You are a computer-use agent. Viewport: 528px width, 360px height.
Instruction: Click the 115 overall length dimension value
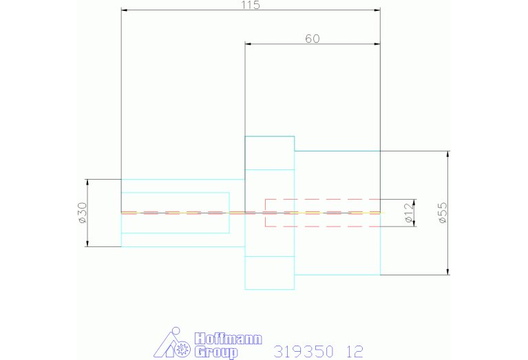(x=250, y=5)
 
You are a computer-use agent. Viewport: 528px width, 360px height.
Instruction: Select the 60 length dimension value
(x=312, y=39)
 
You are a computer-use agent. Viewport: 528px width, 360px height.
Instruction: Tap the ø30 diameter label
(x=82, y=213)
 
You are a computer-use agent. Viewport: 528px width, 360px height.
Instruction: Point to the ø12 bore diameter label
(x=409, y=213)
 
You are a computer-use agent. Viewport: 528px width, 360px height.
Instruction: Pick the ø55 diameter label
(x=442, y=213)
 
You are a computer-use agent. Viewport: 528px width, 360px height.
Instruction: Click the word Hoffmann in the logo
(x=218, y=339)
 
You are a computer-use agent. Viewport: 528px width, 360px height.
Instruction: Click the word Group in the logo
(x=215, y=352)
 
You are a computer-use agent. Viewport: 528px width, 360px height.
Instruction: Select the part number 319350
(x=303, y=351)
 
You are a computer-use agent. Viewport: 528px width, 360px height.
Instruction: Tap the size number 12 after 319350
(x=355, y=351)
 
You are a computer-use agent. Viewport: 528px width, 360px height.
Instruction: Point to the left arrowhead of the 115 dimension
(x=125, y=10)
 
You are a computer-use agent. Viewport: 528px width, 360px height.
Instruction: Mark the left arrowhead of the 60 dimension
(x=249, y=44)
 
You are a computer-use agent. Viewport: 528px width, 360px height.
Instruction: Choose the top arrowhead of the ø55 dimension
(x=448, y=154)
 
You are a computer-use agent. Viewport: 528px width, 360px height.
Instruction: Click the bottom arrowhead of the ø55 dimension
(x=448, y=271)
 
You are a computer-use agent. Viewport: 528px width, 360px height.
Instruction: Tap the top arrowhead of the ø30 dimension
(x=88, y=182)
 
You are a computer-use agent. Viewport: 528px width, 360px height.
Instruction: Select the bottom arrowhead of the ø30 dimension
(x=88, y=243)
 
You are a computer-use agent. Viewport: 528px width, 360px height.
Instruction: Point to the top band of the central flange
(x=270, y=153)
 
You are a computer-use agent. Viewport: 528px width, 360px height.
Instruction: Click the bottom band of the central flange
(x=270, y=273)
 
